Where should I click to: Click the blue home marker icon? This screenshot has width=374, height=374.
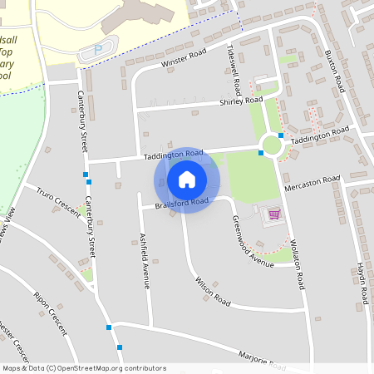pos(187,179)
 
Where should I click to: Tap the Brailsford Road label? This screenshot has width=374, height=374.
pos(180,203)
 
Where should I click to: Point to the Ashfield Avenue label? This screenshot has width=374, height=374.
pos(145,260)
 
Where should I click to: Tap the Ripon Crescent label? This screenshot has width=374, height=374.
pos(50,312)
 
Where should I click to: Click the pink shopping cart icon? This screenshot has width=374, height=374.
pos(273,214)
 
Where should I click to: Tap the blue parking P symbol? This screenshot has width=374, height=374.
pos(97,50)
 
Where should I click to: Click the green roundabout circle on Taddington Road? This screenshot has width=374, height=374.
pos(271,145)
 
